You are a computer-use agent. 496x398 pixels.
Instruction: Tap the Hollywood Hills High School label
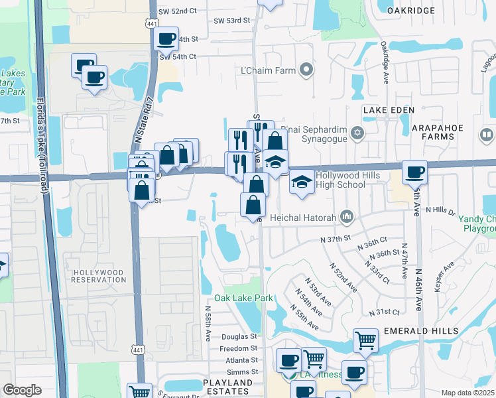click(x=341, y=180)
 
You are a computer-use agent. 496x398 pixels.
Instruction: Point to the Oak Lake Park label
click(x=248, y=298)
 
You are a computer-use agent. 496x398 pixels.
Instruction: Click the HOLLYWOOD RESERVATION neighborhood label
click(x=99, y=276)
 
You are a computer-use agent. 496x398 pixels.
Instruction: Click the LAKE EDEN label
click(x=388, y=109)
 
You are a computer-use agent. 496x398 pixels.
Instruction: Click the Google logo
click(x=21, y=390)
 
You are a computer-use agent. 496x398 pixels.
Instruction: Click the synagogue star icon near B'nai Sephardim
click(x=357, y=133)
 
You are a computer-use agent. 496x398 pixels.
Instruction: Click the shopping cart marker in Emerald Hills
click(x=365, y=341)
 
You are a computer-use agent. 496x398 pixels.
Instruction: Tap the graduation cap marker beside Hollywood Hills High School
click(x=302, y=181)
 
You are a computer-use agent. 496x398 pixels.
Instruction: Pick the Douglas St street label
click(x=239, y=337)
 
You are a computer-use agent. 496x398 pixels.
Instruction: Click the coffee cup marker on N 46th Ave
click(x=414, y=172)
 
